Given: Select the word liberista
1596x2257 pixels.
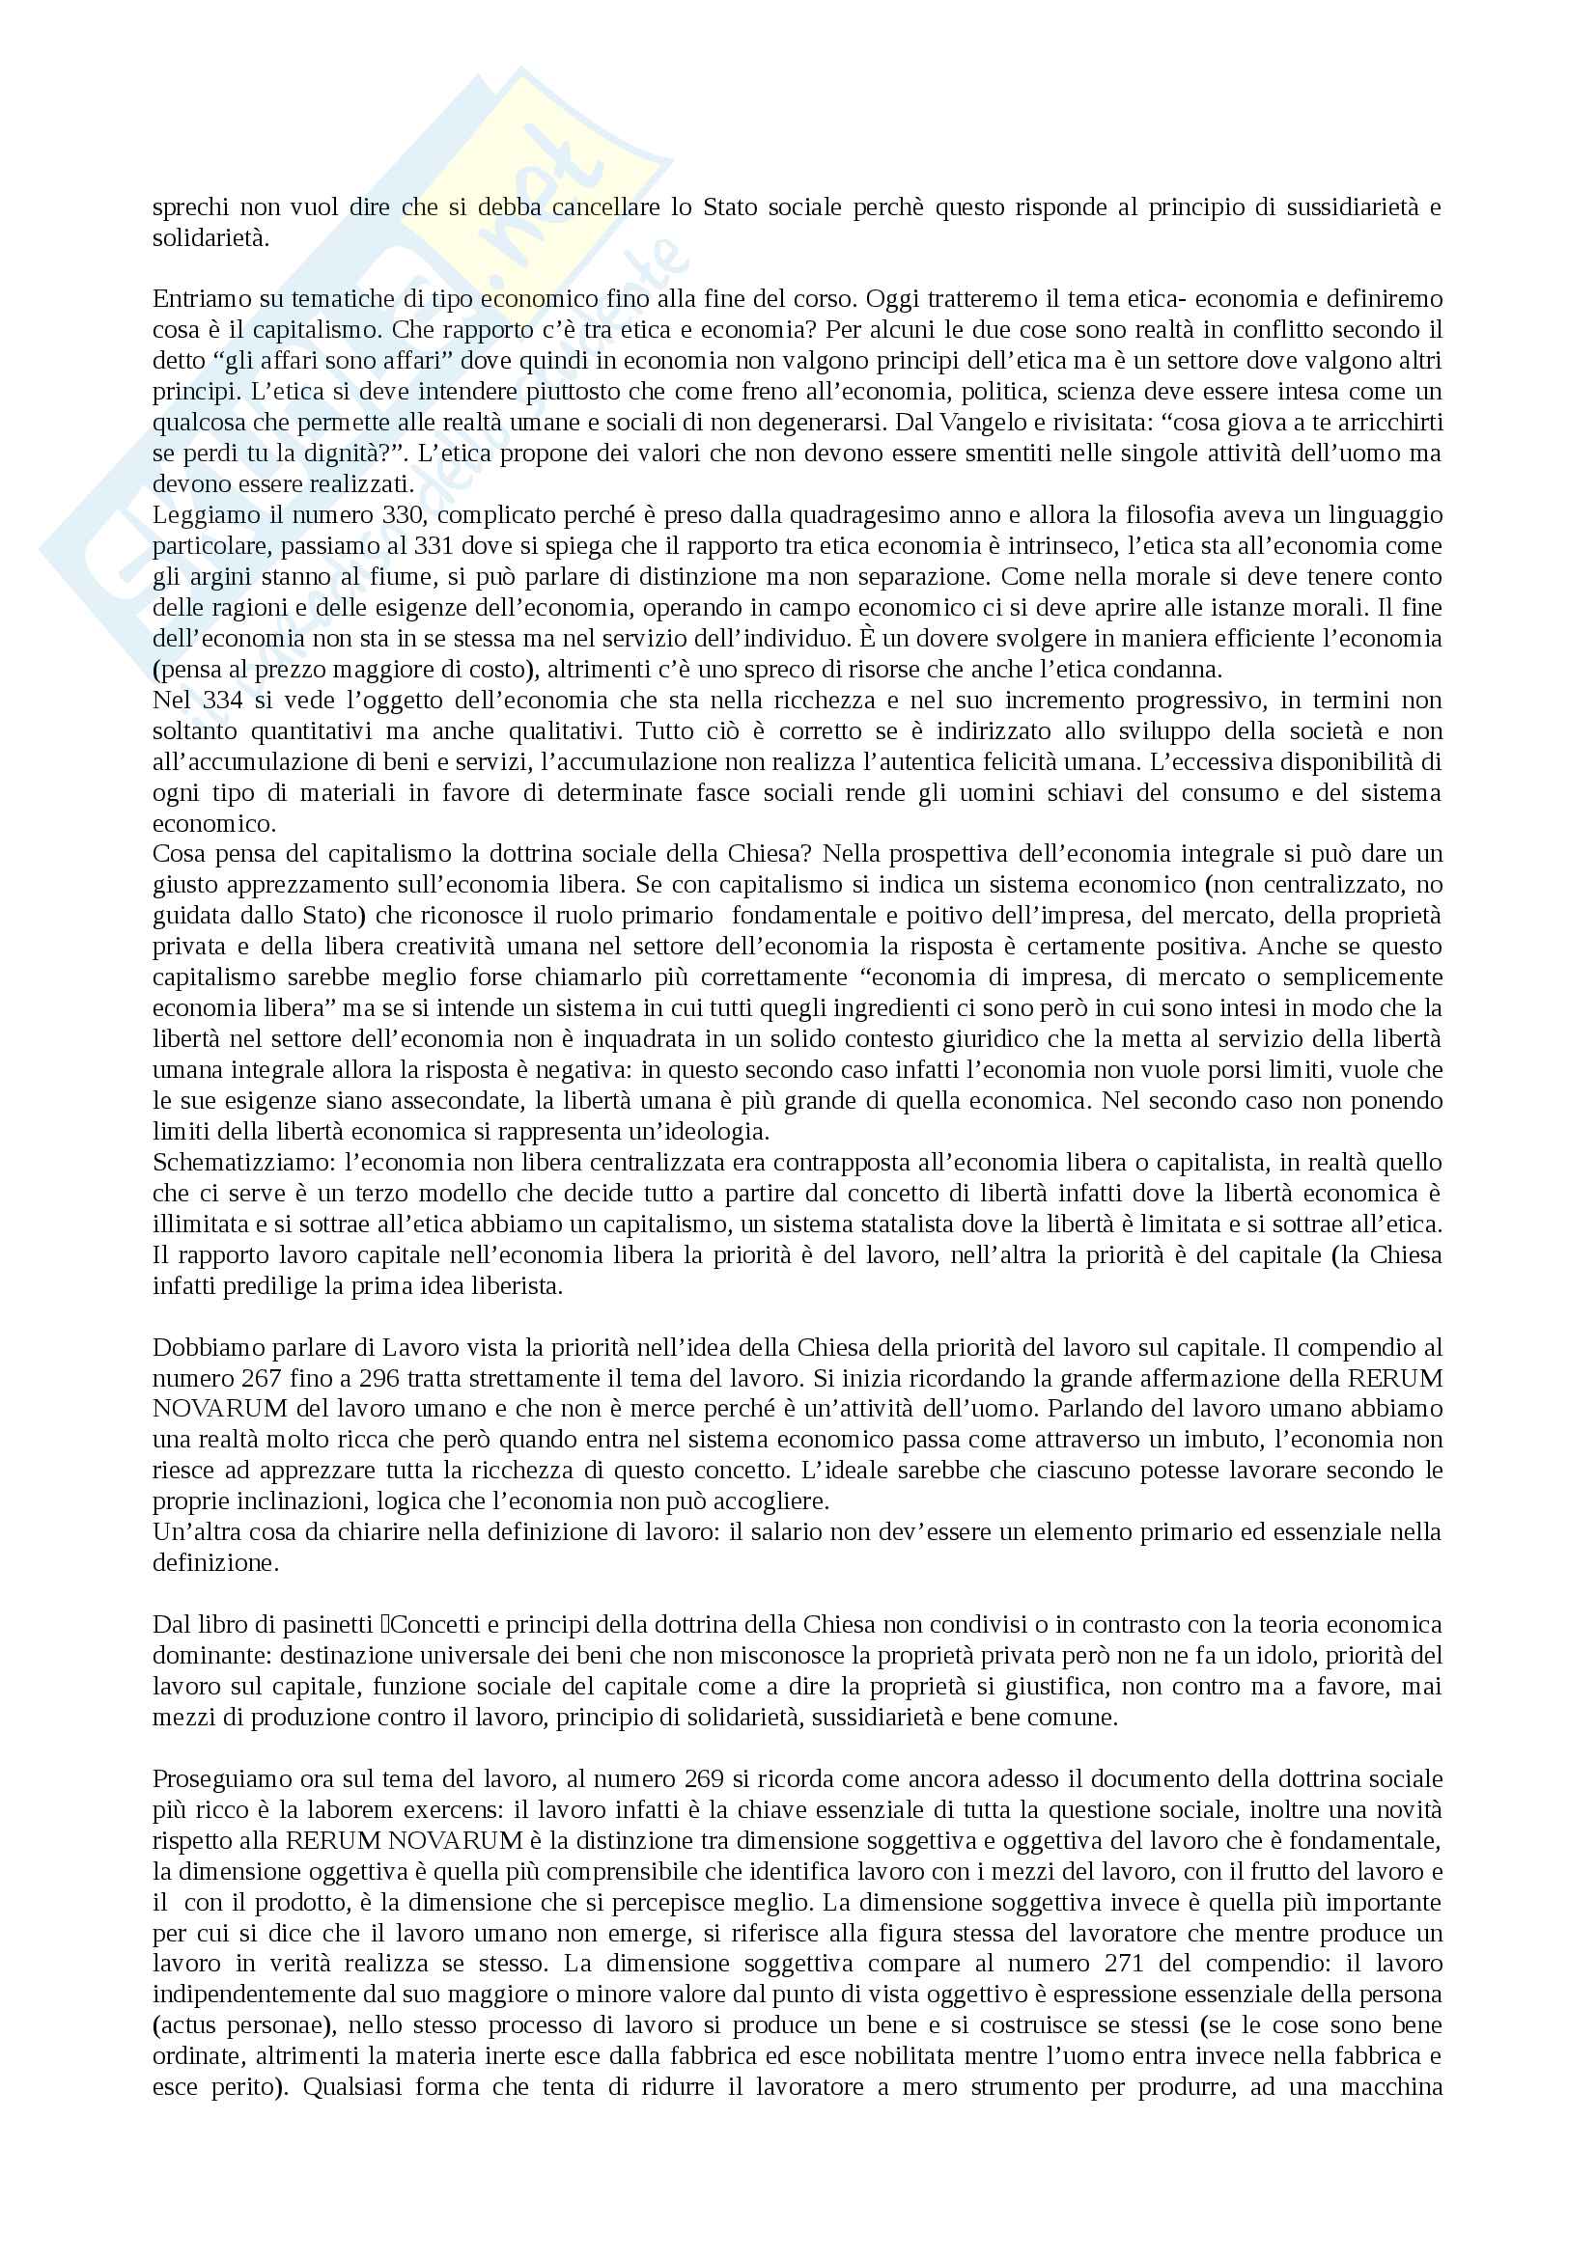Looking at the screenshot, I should click(511, 1285).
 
